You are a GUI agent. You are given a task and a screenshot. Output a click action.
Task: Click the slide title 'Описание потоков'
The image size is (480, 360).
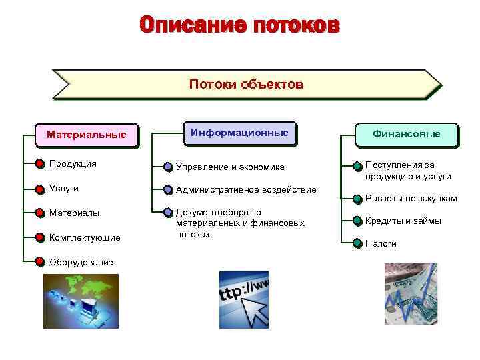click(x=239, y=26)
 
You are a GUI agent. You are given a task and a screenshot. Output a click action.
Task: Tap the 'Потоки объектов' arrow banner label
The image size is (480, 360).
click(x=246, y=85)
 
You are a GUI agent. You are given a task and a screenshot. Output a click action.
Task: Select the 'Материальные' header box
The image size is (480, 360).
click(x=86, y=135)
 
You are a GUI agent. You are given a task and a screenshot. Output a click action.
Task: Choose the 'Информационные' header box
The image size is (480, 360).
click(x=239, y=133)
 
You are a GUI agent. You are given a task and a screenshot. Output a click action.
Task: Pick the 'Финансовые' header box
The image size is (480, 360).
click(x=406, y=134)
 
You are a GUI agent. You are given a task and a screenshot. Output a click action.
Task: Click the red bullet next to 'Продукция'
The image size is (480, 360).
click(x=40, y=164)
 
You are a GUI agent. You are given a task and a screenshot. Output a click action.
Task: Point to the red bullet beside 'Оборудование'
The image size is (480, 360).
click(x=40, y=262)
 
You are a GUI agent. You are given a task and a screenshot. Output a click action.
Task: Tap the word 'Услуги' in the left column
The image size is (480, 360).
click(x=64, y=189)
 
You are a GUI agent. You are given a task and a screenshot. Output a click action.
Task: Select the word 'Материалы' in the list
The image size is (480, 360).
click(x=74, y=213)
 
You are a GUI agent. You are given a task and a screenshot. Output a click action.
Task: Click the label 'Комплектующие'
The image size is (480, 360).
click(x=85, y=238)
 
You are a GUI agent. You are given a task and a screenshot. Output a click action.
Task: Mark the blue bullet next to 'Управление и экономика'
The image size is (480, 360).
click(x=168, y=167)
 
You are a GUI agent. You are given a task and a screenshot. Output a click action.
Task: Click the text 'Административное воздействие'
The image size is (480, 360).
click(x=246, y=190)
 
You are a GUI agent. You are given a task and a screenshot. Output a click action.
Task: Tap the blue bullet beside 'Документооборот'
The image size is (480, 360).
click(x=168, y=213)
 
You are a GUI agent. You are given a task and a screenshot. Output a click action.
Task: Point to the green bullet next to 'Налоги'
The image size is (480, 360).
click(x=357, y=244)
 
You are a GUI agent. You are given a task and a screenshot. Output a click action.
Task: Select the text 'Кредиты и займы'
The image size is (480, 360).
click(x=403, y=221)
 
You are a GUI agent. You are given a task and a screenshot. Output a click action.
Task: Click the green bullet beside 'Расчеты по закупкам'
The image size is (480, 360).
click(x=357, y=199)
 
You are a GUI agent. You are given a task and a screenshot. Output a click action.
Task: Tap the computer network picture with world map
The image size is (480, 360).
click(x=81, y=301)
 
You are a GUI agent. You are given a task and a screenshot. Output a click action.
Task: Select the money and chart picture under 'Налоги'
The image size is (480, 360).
click(x=411, y=294)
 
